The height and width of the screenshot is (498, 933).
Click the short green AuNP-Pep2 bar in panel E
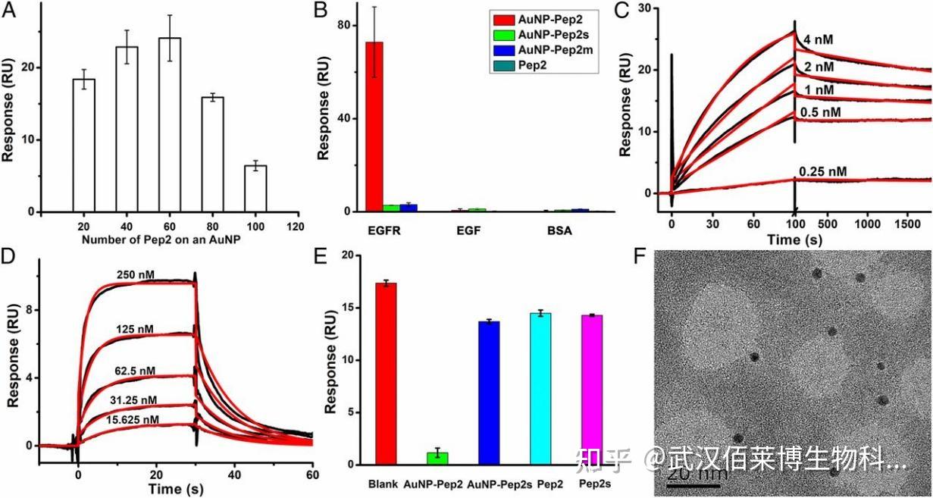click(x=438, y=459)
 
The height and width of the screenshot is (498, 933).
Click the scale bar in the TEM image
click(x=693, y=484)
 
